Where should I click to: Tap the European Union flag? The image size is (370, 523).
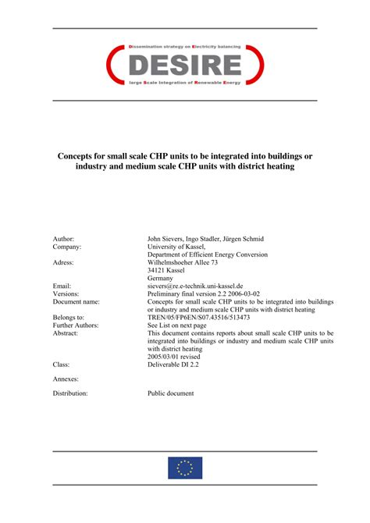(x=185, y=468)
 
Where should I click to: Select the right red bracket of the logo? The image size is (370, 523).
(x=257, y=65)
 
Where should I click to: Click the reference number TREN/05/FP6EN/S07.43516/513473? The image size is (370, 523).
(x=198, y=318)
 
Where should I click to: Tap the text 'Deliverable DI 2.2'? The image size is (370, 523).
(x=173, y=365)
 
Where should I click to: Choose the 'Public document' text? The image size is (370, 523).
(x=171, y=393)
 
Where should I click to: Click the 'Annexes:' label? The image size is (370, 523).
(x=66, y=379)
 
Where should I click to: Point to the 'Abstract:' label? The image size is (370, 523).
(x=66, y=333)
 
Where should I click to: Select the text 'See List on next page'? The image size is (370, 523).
(x=178, y=326)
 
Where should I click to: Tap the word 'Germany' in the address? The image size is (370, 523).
(x=161, y=278)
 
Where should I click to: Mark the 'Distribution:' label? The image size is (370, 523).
(x=70, y=393)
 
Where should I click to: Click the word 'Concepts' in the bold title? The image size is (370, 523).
(x=80, y=155)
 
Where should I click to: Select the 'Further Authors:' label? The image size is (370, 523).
(x=76, y=326)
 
